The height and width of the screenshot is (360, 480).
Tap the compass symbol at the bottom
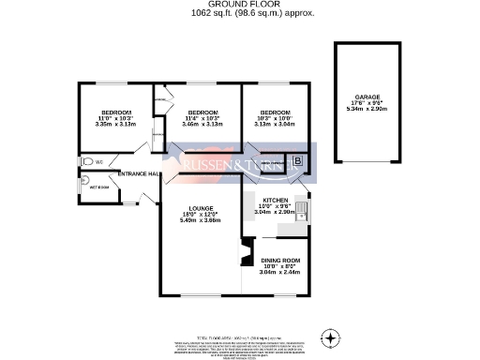[330, 337]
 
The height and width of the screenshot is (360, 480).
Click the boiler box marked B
[298, 161]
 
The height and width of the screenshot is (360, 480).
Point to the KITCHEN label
[275, 201]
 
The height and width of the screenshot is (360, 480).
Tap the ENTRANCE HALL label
[137, 174]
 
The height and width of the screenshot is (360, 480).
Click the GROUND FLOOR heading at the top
[240, 5]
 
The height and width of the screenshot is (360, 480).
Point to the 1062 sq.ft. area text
[240, 13]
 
